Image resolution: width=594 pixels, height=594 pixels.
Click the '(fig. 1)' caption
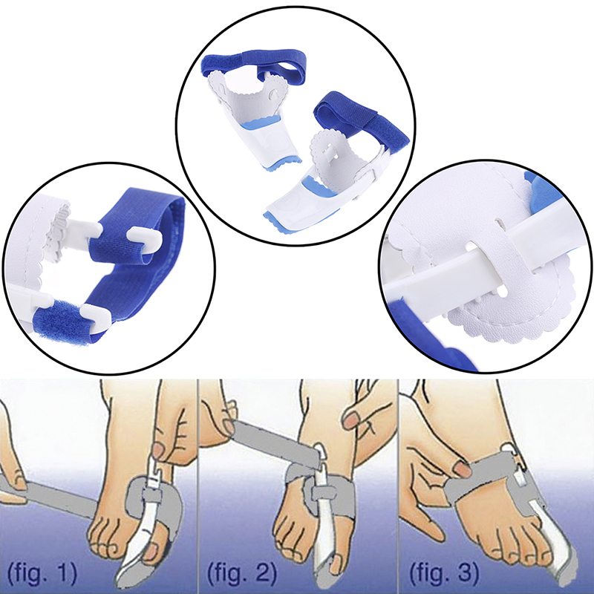pos(42,573)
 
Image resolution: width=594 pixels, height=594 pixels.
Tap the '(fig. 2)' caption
pos(242,573)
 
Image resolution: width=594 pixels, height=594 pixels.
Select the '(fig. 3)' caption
pos(444,573)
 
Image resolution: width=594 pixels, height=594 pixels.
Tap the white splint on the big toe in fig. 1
pos(143,523)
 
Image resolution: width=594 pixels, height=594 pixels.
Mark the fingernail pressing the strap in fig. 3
pos(462,469)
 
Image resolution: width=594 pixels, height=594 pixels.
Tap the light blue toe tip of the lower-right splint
pos(281,223)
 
